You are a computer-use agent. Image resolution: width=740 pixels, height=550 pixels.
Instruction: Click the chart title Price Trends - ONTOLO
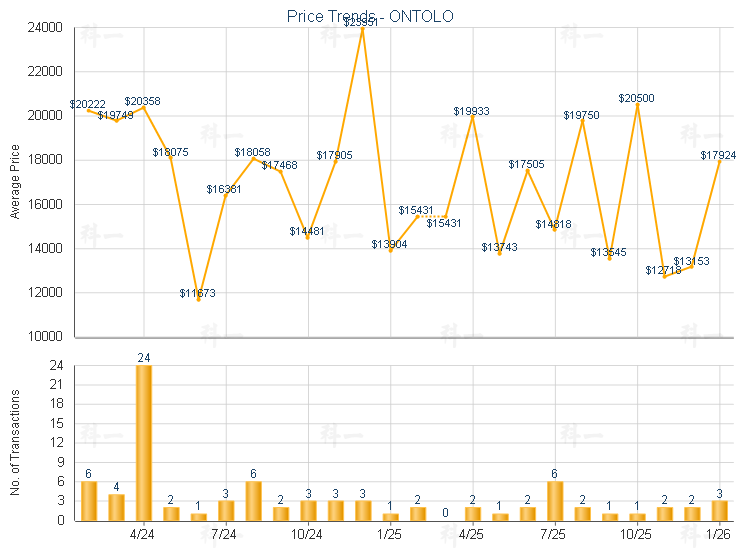(x=369, y=16)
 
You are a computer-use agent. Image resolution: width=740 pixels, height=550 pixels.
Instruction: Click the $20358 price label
(x=143, y=102)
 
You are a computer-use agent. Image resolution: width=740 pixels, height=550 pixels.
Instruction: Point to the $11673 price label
(x=197, y=293)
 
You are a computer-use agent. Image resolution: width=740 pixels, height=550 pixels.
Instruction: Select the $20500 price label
(x=636, y=98)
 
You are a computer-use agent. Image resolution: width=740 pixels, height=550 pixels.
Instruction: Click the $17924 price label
(x=719, y=155)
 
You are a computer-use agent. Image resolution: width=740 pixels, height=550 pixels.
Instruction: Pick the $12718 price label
(x=663, y=270)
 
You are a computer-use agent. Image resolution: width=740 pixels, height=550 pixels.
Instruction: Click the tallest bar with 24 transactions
(x=144, y=442)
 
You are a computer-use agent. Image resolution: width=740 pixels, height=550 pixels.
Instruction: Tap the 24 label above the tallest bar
(x=144, y=357)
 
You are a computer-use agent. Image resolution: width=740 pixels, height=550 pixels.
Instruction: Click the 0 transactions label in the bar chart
(x=445, y=512)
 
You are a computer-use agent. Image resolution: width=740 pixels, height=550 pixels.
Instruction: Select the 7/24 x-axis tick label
(x=226, y=534)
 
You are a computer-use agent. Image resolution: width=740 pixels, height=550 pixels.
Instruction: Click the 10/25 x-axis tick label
(x=636, y=534)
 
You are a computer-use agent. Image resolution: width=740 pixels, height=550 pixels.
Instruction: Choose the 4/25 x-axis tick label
(x=472, y=534)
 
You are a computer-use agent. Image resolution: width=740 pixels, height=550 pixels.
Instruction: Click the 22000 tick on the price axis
(x=46, y=72)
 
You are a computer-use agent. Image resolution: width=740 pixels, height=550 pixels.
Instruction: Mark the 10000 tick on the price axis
(x=46, y=337)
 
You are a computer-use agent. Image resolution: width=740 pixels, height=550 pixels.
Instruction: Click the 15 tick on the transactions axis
(x=56, y=423)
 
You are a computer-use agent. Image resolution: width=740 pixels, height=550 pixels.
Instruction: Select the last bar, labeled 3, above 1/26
(x=719, y=510)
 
